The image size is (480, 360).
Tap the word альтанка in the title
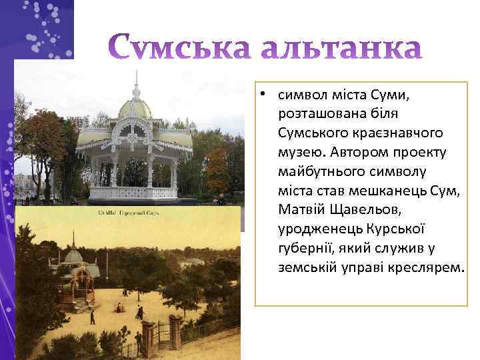point(341,49)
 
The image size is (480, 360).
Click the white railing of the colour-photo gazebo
point(133,193)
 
